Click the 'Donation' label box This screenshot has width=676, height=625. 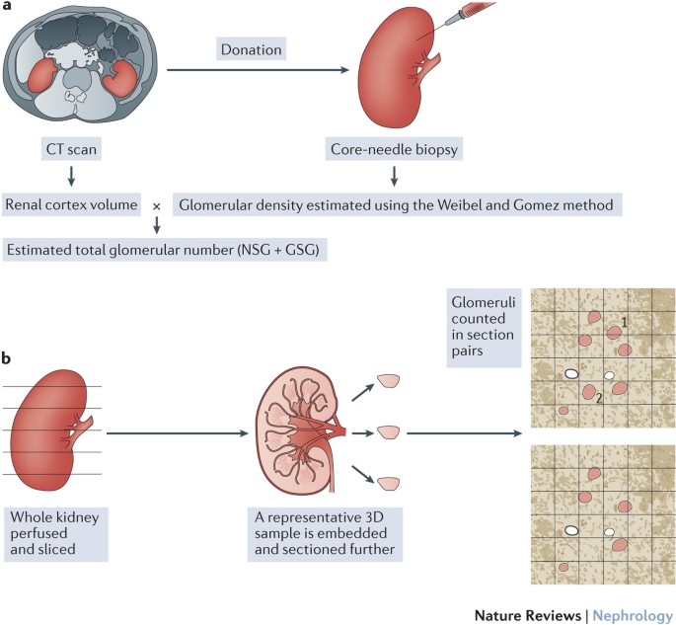tap(251, 47)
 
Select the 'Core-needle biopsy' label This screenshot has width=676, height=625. tap(393, 149)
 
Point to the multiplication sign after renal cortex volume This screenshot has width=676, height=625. tap(156, 205)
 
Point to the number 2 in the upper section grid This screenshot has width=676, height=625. tap(598, 398)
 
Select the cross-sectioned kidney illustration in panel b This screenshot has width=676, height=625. tap(302, 432)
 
